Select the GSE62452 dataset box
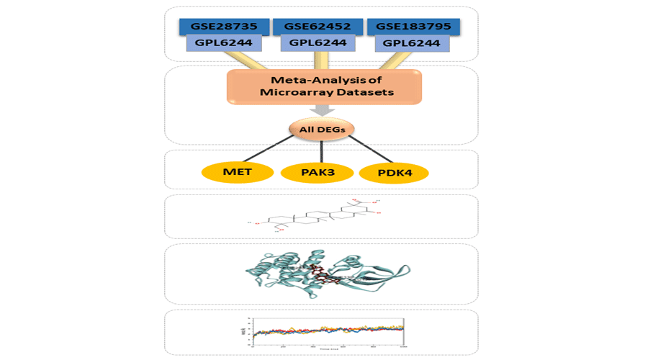[x=318, y=27]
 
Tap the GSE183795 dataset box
[x=413, y=27]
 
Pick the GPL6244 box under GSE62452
[x=318, y=43]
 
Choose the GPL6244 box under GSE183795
[x=413, y=43]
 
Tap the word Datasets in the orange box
[x=357, y=92]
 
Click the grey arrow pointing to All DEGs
[x=322, y=109]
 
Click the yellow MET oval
[x=238, y=173]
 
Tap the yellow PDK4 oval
[x=393, y=173]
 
